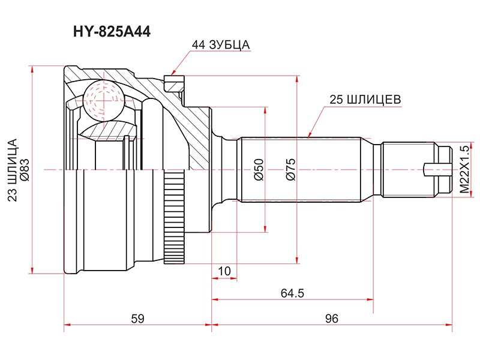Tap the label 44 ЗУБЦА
(220, 45)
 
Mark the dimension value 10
(224, 272)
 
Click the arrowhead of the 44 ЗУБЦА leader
(172, 74)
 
